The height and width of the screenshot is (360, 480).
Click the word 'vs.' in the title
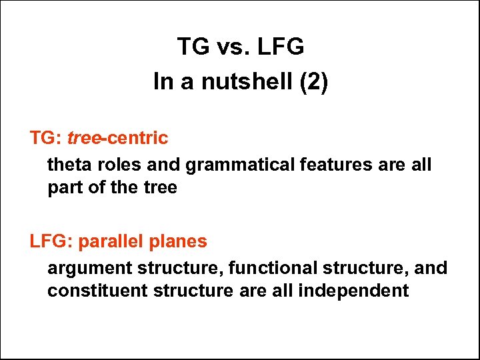pos(228,47)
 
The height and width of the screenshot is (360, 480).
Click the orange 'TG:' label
pos(46,139)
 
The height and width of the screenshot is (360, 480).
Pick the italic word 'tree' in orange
pos(83,139)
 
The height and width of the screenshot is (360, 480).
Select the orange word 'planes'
pos(179,241)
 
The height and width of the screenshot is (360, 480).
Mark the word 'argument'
pos(89,268)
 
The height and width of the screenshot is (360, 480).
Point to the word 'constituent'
pos(90,291)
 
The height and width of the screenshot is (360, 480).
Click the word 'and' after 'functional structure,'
pos(431,267)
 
